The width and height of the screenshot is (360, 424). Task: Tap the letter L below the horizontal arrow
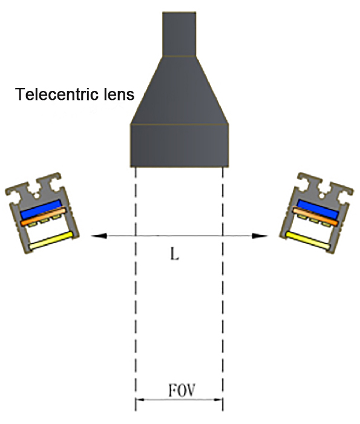[x=175, y=254]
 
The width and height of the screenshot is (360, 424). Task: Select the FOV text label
[x=182, y=390]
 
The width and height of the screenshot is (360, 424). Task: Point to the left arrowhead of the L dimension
[x=99, y=236]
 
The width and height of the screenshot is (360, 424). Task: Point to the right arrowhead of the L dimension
[x=260, y=236]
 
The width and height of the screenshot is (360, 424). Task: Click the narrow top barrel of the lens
[x=179, y=34]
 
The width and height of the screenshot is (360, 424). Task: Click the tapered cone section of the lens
[x=179, y=90]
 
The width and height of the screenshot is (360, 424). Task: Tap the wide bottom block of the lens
[x=179, y=145]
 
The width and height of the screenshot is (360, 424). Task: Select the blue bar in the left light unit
[x=41, y=210]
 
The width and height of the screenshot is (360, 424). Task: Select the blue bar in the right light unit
[x=318, y=210]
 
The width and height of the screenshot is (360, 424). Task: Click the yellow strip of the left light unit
[x=51, y=240]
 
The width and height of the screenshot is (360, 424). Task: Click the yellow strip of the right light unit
[x=308, y=240]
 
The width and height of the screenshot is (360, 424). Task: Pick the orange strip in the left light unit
[x=44, y=216]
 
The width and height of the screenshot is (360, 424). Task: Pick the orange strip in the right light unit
[x=315, y=216]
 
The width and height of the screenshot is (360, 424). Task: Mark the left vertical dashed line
[x=136, y=289]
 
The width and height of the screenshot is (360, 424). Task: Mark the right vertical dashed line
[x=223, y=289]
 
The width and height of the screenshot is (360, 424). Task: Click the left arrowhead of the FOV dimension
[x=139, y=399]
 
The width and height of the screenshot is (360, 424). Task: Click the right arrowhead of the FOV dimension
[x=219, y=399]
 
